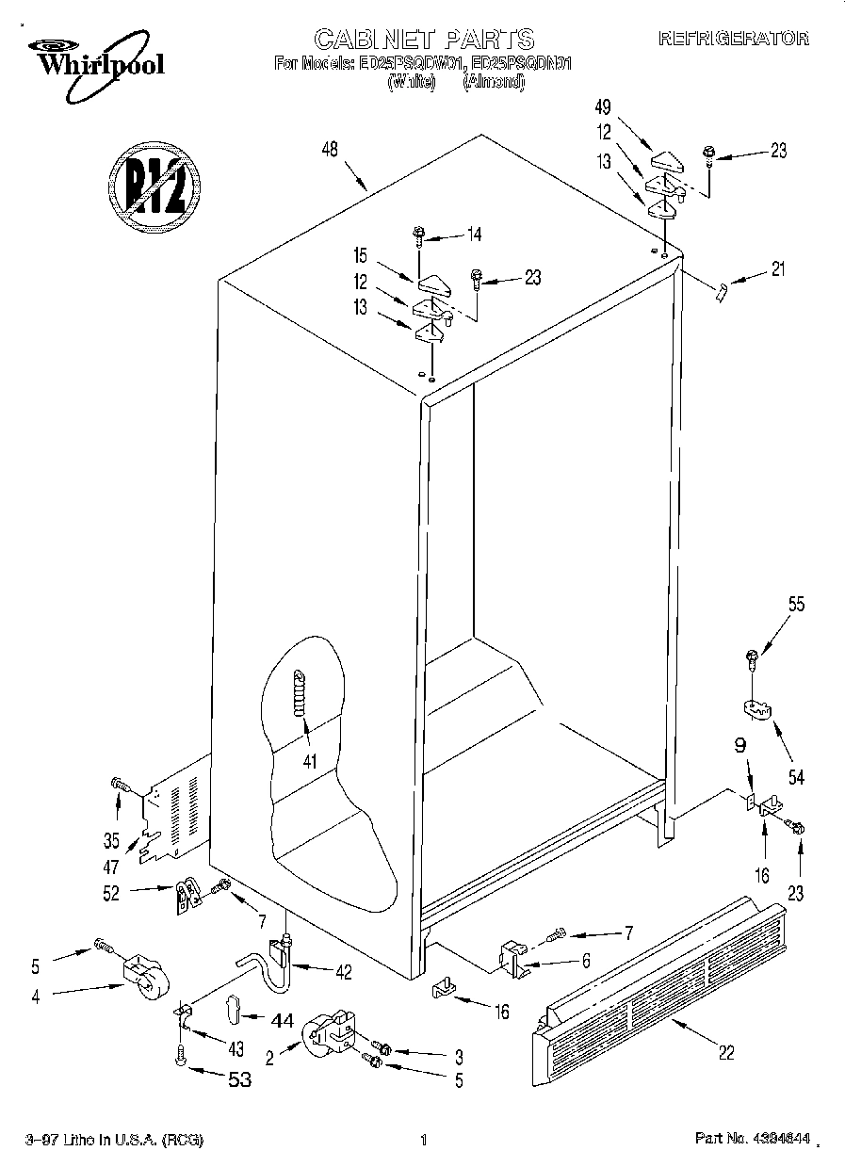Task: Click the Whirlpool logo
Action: pyautogui.click(x=93, y=57)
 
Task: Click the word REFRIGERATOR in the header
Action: pyautogui.click(x=733, y=39)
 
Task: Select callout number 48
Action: pyautogui.click(x=330, y=148)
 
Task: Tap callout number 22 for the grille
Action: pyautogui.click(x=725, y=1053)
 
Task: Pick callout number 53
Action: pyautogui.click(x=241, y=1080)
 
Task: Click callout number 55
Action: pyautogui.click(x=796, y=606)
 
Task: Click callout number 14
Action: pyautogui.click(x=474, y=234)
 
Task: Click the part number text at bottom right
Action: pyautogui.click(x=753, y=1140)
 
